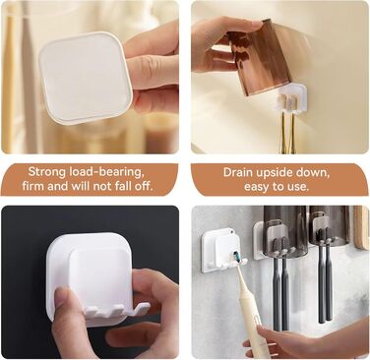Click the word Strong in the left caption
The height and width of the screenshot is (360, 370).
click(x=46, y=171)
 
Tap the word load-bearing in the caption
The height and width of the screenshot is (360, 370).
click(x=106, y=171)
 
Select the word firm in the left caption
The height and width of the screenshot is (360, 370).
click(x=32, y=186)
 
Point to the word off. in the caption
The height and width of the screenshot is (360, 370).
click(x=145, y=186)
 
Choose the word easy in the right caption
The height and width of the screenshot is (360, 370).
click(x=257, y=187)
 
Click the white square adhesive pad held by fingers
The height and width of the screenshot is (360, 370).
click(x=86, y=77)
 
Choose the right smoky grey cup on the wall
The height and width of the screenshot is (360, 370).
click(x=329, y=225)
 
